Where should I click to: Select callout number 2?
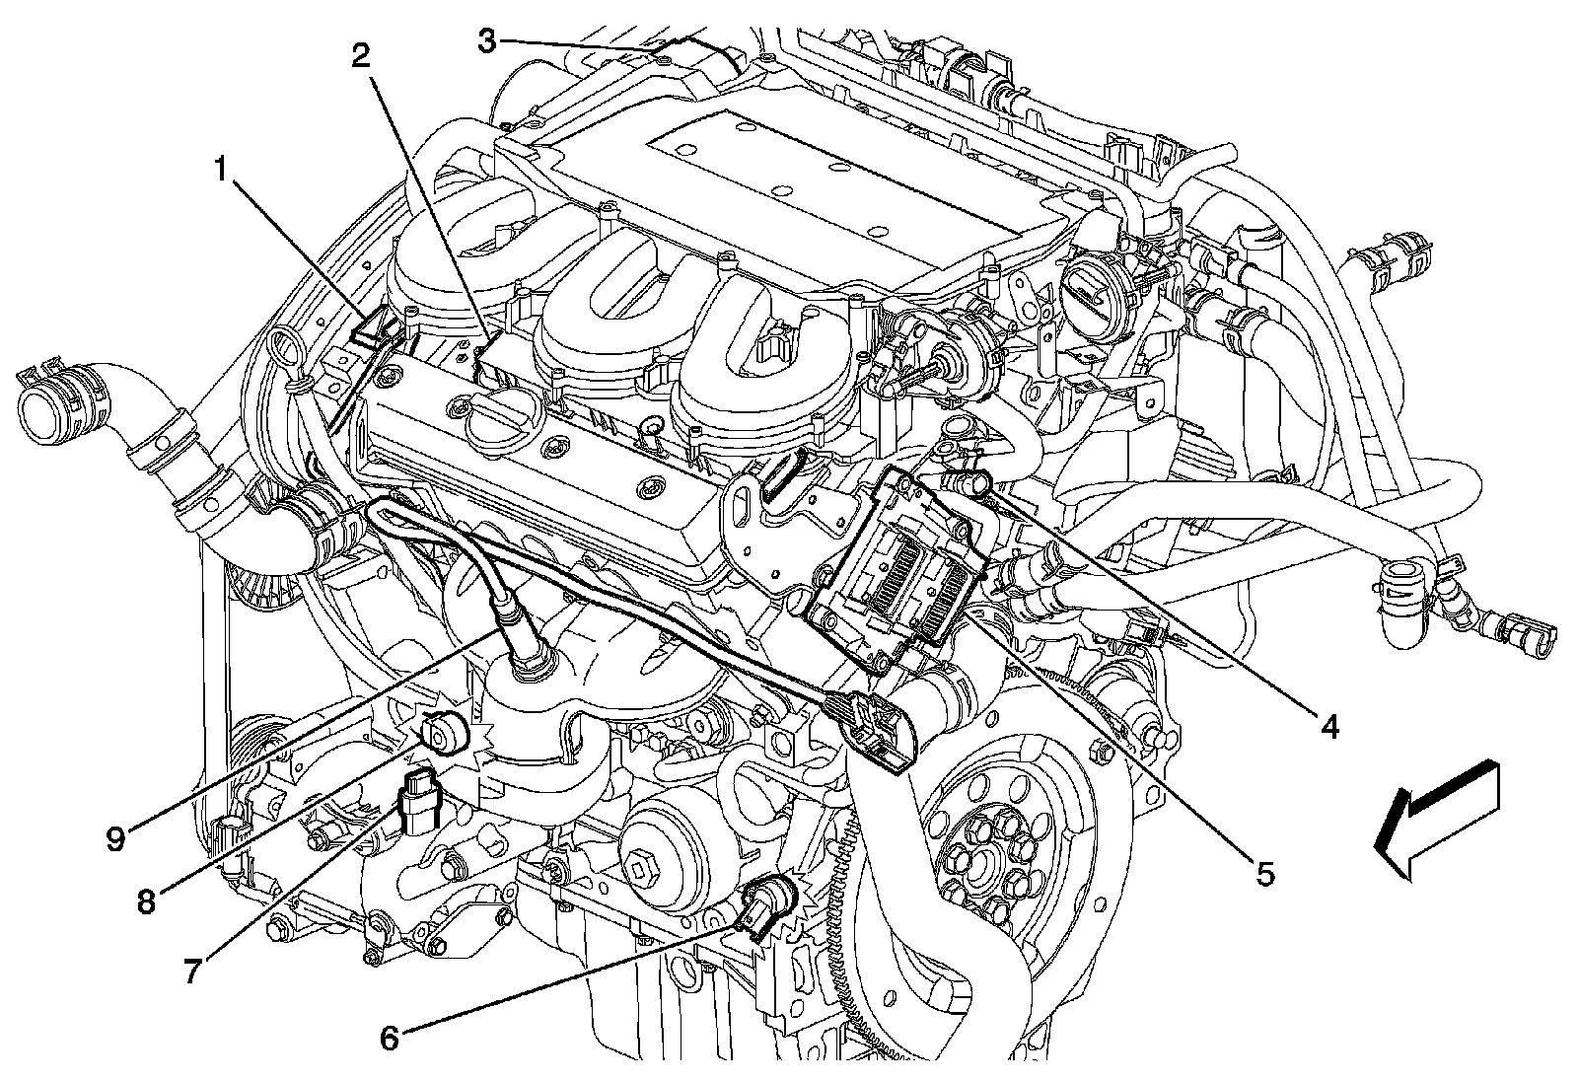click(361, 57)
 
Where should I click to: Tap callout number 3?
click(488, 39)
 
